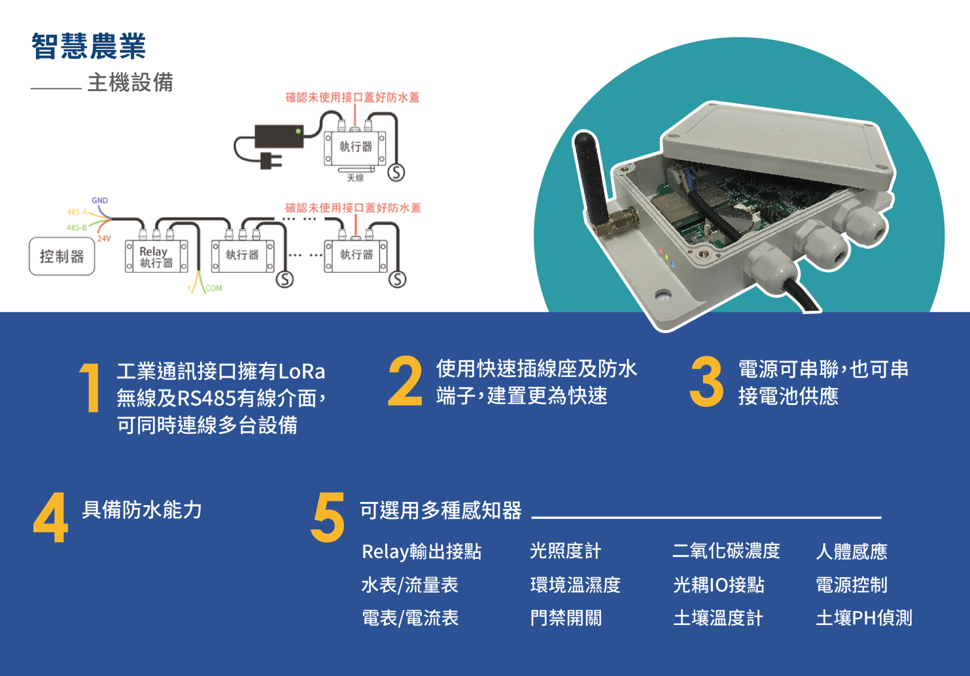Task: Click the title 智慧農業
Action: coord(89,46)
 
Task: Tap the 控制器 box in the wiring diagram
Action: coord(62,256)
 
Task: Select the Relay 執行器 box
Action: coord(156,256)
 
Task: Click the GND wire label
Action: coord(99,200)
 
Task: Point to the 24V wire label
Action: coord(104,238)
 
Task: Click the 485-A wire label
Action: coord(77,212)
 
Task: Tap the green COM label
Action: coord(214,288)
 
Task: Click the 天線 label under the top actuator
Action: coord(355,177)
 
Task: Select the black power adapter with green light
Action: coord(279,136)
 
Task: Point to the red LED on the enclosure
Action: coord(661,249)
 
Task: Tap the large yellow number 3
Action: coord(706,382)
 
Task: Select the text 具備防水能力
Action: coord(142,510)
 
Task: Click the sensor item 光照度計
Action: coord(566,551)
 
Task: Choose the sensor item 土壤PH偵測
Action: coord(864,618)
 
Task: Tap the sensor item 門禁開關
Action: coord(566,618)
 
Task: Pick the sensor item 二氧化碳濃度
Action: coord(726,551)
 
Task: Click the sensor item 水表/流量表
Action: coord(409,585)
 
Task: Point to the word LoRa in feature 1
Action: coord(302,372)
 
